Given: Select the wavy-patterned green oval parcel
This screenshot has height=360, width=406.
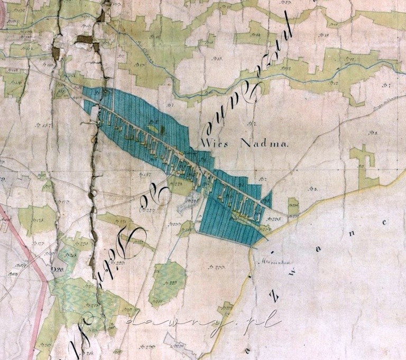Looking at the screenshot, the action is click(168, 283).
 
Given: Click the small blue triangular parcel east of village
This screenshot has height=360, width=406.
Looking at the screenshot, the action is click(267, 199).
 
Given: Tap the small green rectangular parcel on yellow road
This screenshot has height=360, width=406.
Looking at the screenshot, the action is click(293, 207).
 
